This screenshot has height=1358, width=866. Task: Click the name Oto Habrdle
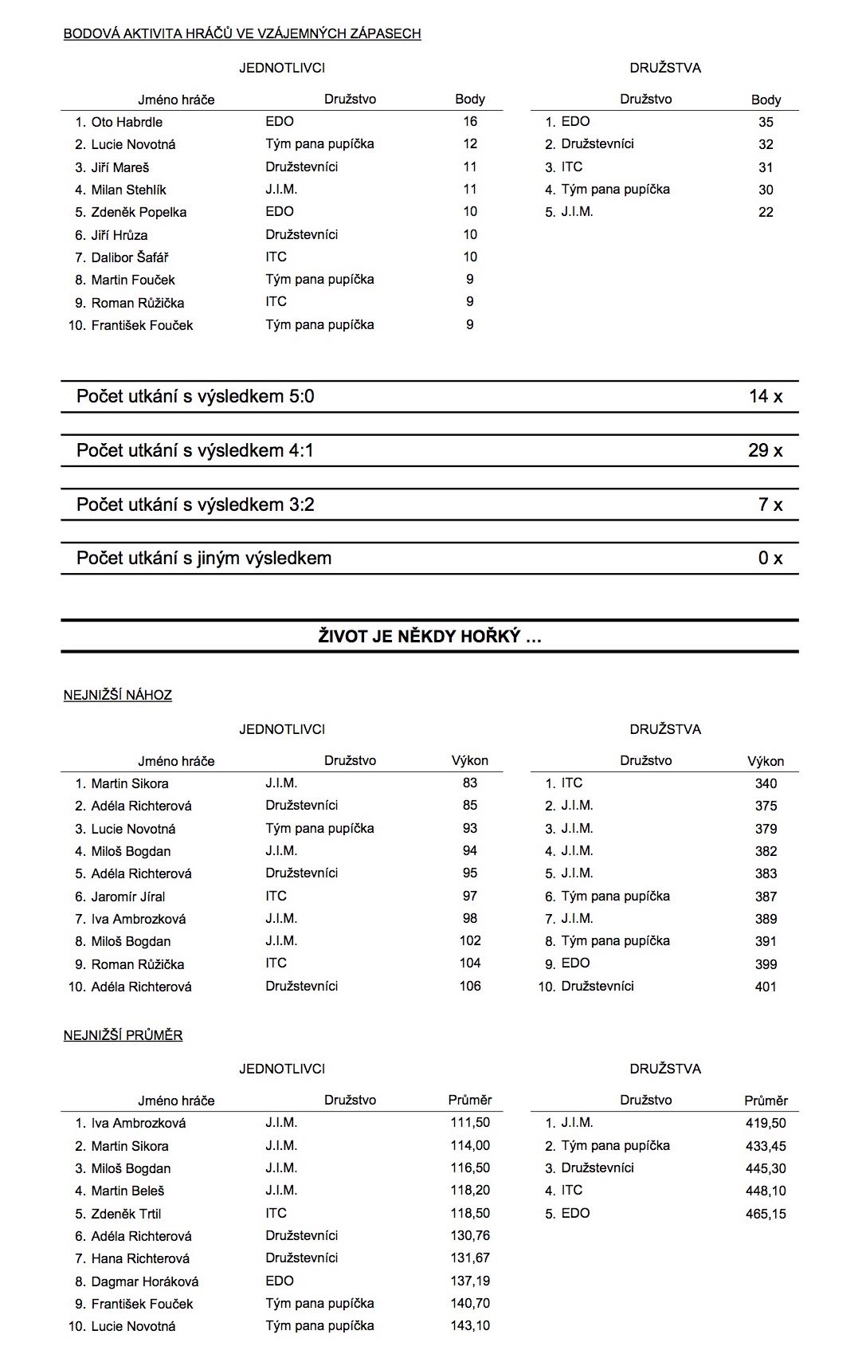127,122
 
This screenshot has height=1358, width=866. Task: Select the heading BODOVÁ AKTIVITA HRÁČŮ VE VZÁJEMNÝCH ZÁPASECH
242,33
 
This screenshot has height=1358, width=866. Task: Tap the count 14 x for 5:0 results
765,396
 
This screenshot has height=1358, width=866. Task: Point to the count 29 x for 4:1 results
765,450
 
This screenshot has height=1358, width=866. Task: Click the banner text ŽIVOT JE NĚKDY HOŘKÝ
429,636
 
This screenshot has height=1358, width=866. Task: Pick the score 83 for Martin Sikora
470,783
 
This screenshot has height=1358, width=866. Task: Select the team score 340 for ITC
766,783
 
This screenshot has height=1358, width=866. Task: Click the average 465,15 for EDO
766,1214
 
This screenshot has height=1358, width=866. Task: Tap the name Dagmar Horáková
145,1281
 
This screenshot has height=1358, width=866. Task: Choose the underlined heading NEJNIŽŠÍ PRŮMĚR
123,1035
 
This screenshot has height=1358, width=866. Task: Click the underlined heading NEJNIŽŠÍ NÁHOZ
118,695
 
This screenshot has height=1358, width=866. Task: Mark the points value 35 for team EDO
766,122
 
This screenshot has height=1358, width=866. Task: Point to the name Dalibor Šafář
130,257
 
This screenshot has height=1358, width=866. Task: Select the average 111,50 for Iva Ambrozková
470,1122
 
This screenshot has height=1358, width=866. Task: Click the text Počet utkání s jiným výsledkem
204,558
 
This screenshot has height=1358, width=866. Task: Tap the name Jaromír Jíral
128,897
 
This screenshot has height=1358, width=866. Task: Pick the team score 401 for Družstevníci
766,987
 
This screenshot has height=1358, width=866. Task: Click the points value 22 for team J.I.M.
766,212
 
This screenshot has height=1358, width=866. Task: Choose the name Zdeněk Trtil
126,1214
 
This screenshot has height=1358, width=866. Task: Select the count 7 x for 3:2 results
770,504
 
